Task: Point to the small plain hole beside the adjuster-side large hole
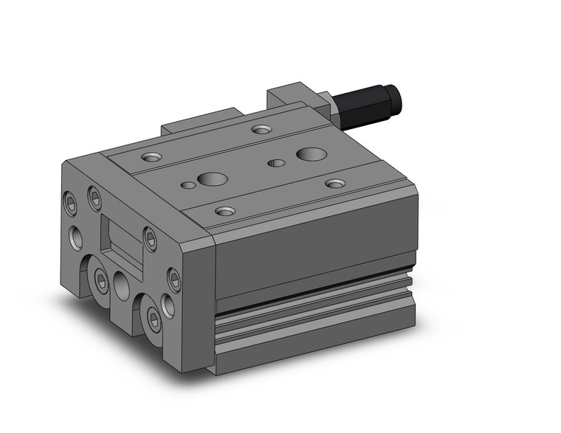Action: point(278,162)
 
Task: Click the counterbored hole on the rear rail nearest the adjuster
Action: point(261,130)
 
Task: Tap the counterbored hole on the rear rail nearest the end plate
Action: point(151,157)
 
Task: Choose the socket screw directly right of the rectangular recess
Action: point(151,238)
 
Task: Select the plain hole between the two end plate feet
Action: point(122,285)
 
